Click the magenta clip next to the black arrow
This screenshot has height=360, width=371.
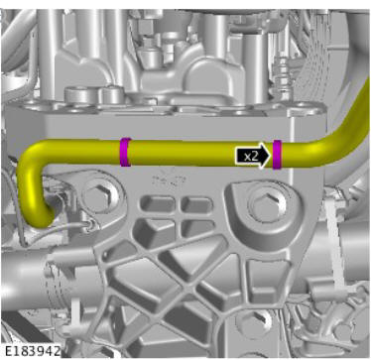277,155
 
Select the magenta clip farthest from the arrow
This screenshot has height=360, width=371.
125,152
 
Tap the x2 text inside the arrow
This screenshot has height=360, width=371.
251,156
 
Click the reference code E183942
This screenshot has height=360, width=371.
32,351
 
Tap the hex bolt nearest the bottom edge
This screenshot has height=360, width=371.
251,322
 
